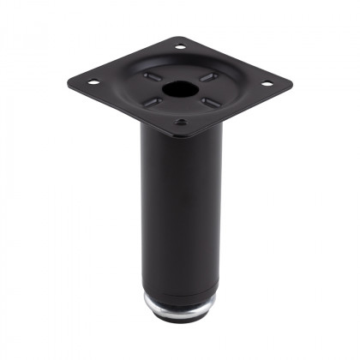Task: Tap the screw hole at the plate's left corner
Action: [93, 82]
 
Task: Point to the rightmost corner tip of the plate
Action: [291, 85]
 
